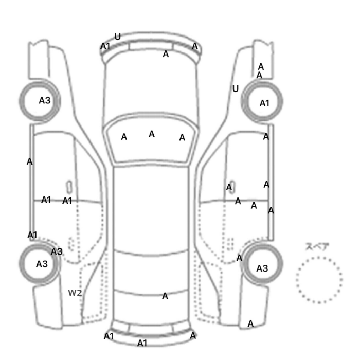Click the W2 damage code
(75, 293)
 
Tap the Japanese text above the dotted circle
(317, 247)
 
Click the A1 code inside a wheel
(264, 103)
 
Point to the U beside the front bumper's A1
(118, 37)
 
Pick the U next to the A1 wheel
(236, 89)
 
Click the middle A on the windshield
(152, 134)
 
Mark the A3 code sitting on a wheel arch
(57, 251)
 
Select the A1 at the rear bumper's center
(142, 343)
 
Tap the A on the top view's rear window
(165, 296)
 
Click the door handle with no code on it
(69, 187)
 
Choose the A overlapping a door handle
(229, 187)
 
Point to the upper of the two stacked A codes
(261, 67)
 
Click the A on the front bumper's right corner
(195, 46)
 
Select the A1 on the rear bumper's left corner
(109, 336)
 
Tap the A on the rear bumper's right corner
(193, 336)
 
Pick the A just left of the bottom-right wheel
(239, 258)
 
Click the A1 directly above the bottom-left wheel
(32, 235)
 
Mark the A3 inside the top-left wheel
(45, 100)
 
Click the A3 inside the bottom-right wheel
(262, 268)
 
